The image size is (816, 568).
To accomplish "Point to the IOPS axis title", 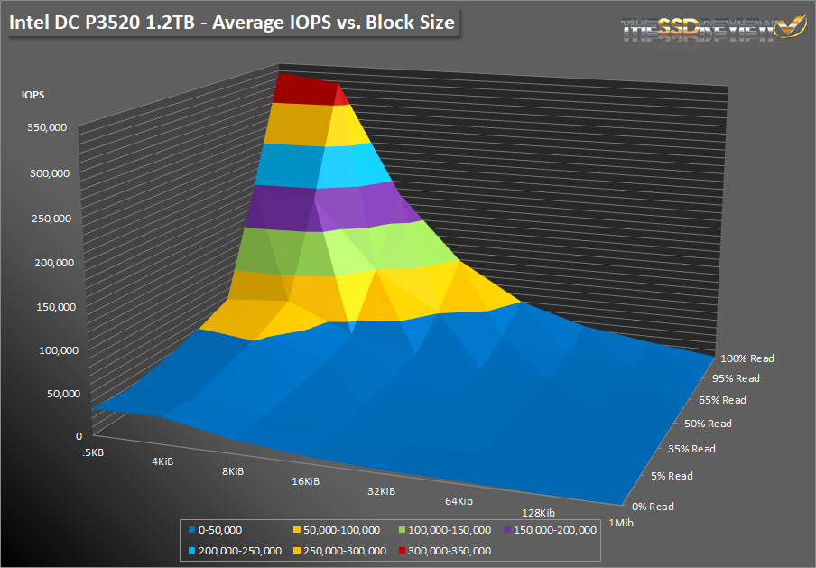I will pos(34,92).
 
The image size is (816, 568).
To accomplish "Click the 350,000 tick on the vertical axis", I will pos(46,129).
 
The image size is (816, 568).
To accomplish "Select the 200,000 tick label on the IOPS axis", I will pos(46,262).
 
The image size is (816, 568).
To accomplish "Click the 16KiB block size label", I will pos(306,482).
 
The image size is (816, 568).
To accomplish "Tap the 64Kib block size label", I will pos(459,500).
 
